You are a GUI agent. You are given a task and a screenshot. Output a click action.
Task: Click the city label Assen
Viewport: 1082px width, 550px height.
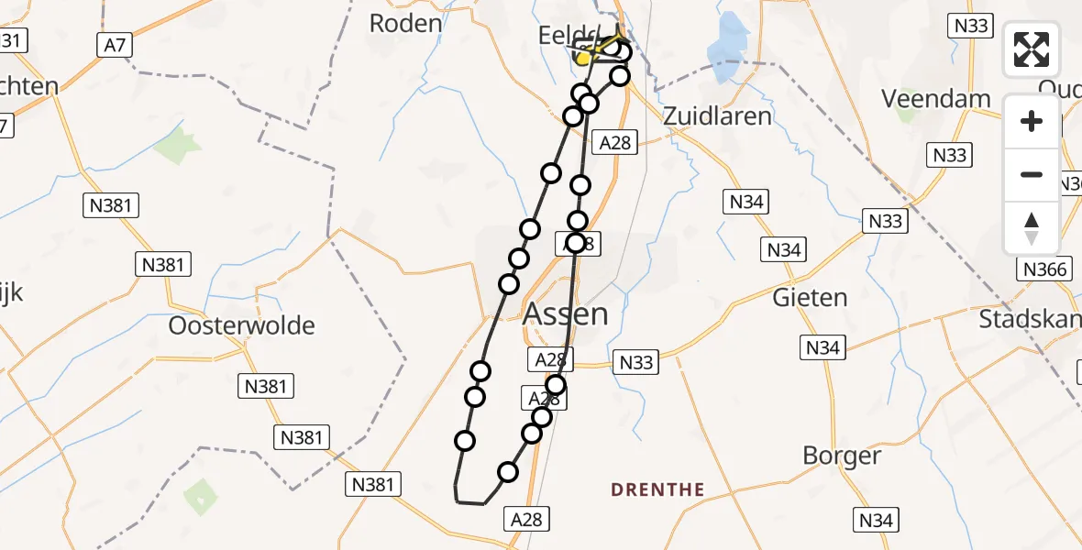(565, 314)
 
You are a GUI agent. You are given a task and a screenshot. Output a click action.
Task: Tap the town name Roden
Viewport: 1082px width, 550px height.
(405, 23)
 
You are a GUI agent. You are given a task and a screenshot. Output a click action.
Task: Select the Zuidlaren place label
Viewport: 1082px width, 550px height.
(717, 116)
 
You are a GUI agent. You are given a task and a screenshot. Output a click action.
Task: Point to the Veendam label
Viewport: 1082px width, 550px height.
(935, 98)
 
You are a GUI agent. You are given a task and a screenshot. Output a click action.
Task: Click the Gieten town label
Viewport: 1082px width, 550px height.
(810, 297)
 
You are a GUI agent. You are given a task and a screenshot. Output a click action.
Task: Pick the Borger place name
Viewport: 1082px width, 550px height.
(841, 456)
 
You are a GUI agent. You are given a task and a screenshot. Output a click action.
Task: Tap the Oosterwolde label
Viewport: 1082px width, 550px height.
(242, 325)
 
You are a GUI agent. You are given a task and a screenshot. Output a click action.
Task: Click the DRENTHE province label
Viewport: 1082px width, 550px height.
(657, 489)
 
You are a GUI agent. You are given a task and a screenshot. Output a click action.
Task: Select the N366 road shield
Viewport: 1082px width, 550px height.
(1043, 269)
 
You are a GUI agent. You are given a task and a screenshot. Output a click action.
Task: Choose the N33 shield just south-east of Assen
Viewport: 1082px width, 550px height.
(636, 362)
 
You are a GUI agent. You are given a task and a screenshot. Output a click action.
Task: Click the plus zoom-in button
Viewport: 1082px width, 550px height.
(1032, 121)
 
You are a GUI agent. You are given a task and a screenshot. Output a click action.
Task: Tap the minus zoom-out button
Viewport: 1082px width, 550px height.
(1032, 174)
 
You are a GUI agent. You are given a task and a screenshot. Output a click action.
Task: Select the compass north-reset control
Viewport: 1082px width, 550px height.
(1032, 227)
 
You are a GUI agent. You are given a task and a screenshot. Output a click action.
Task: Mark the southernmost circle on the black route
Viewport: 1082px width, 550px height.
(507, 472)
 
